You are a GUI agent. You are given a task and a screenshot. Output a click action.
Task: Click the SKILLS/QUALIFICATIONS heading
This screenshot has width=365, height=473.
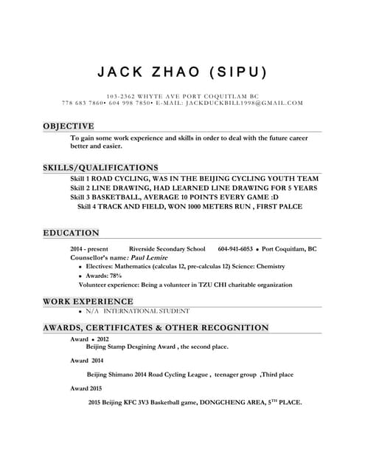(100, 168)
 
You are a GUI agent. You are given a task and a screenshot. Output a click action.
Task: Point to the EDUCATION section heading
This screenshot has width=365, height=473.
(71, 233)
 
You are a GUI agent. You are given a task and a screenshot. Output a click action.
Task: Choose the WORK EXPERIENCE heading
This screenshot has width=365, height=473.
(88, 302)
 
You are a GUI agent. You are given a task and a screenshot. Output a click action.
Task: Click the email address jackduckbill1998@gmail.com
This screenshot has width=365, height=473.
(245, 103)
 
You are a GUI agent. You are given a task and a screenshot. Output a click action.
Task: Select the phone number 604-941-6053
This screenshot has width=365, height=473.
(235, 249)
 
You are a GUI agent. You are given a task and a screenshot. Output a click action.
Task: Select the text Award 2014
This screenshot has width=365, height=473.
(87, 361)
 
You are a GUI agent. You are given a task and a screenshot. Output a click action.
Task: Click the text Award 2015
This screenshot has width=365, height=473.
(86, 388)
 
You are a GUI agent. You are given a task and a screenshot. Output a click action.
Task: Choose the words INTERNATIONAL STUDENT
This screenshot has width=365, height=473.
(152, 311)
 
